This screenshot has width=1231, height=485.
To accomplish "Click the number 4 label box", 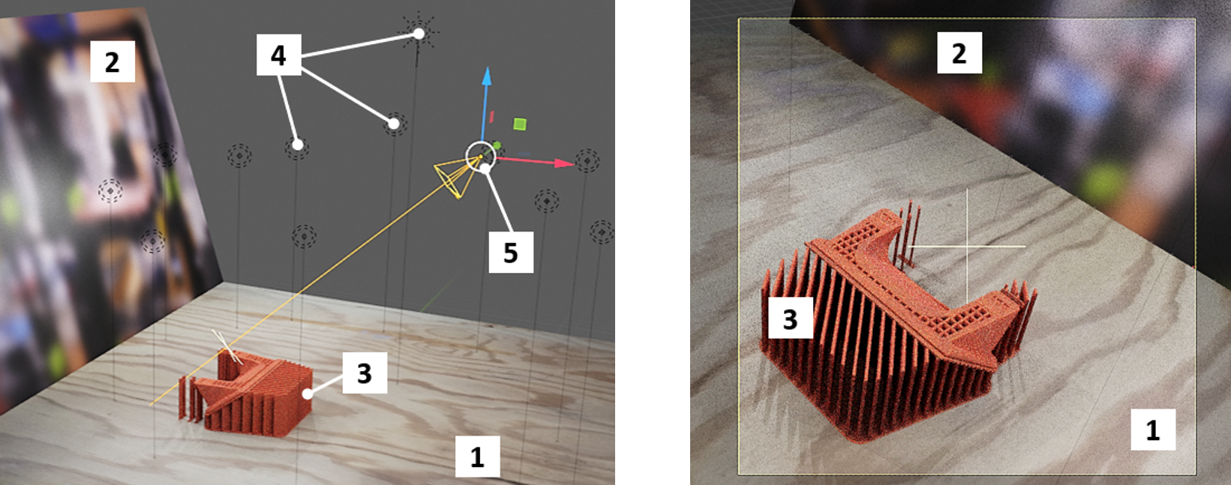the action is tap(278, 55).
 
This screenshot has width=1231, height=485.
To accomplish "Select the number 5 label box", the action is tap(511, 252).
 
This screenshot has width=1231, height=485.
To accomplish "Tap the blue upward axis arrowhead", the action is tap(486, 76).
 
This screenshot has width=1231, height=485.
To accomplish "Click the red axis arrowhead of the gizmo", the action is tap(564, 163).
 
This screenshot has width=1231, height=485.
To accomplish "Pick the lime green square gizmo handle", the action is tap(520, 124).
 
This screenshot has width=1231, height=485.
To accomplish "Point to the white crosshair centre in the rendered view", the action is tap(967, 247).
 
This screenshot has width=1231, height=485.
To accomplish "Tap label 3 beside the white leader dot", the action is tap(365, 373).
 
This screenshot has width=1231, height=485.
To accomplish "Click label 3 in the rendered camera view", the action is tap(790, 318).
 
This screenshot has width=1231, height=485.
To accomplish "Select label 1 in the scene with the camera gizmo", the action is tap(478, 457).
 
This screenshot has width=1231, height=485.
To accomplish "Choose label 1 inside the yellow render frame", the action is tap(1152, 430).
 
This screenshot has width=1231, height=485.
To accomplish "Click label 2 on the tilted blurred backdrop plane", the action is tap(113, 61).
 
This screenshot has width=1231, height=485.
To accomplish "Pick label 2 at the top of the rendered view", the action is tap(959, 52).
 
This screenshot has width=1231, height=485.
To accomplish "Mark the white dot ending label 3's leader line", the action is tap(308, 394).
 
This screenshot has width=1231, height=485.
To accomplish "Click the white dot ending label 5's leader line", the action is tap(485, 169).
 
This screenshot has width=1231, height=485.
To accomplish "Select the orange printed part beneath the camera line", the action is tap(248, 396).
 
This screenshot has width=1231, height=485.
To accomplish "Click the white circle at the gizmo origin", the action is tap(480, 156).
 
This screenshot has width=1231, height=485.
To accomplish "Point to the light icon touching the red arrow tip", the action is tap(587, 161).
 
